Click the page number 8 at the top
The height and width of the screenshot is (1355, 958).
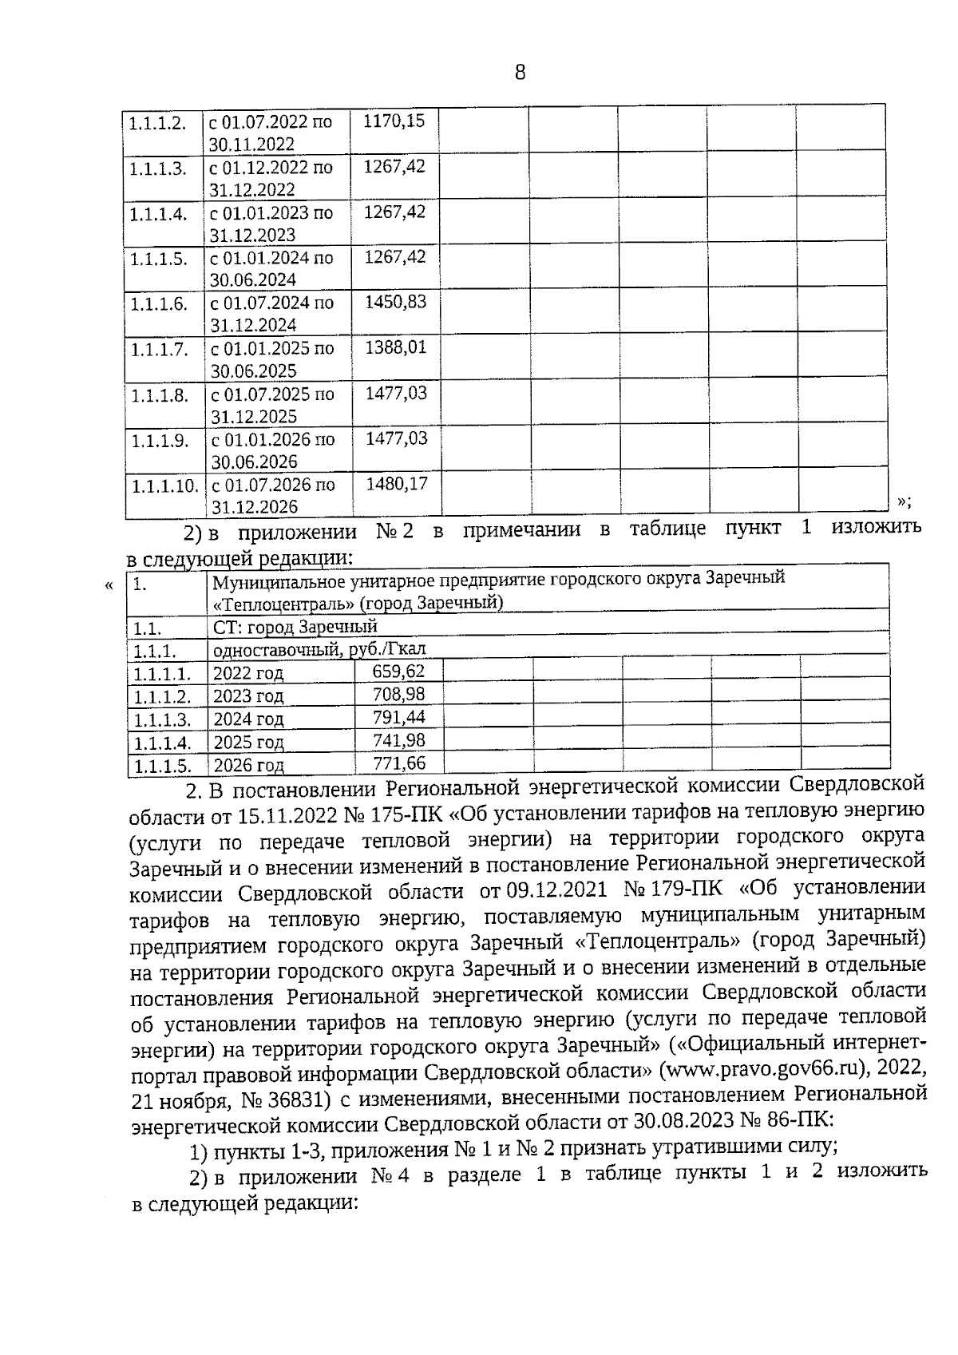click(x=521, y=73)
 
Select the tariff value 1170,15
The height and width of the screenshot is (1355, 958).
click(x=394, y=121)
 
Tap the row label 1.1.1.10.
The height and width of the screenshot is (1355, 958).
click(x=164, y=486)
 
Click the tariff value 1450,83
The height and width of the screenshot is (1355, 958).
click(x=395, y=303)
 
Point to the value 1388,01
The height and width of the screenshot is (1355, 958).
click(x=396, y=348)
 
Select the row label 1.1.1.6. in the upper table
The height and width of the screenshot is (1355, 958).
click(x=159, y=304)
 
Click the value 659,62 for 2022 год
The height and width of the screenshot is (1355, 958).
click(x=399, y=672)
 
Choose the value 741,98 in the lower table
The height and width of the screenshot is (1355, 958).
click(x=399, y=741)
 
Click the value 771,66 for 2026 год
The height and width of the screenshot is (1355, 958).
click(x=399, y=763)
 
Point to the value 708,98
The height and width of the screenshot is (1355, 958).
click(x=399, y=695)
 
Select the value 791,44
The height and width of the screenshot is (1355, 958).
click(x=399, y=718)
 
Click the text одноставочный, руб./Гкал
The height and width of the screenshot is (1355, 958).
click(x=319, y=649)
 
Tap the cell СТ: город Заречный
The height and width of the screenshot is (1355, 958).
click(x=295, y=627)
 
